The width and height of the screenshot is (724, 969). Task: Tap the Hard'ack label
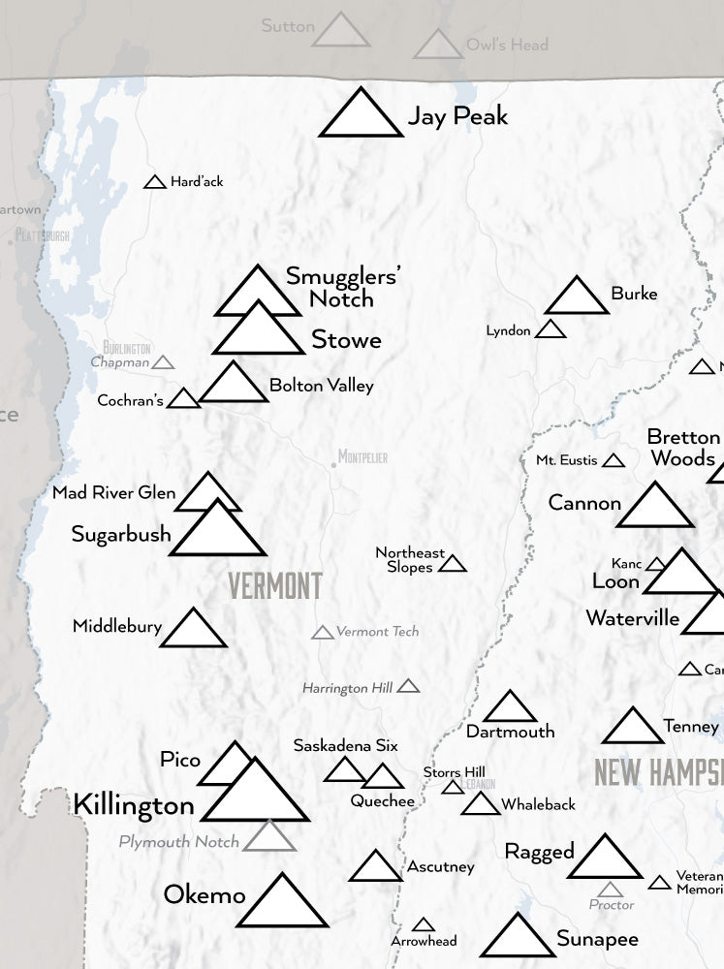pos(197,181)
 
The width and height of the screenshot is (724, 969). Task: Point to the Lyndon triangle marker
pos(551,330)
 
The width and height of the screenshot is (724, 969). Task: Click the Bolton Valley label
pos(321,386)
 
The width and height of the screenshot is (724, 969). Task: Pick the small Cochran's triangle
pos(183,399)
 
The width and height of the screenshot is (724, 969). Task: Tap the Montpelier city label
pos(362,456)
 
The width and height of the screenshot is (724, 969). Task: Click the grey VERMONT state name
pos(275,586)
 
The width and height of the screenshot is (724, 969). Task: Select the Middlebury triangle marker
pos(193,631)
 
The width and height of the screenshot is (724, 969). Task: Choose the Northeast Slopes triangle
pos(453,564)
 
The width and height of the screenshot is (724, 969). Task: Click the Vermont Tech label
pos(377,632)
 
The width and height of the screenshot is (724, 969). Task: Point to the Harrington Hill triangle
pos(408,687)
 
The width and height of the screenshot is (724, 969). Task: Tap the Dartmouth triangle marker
pos(510,709)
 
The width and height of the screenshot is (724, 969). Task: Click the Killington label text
pos(134,804)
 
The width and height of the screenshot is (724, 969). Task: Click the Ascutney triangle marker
pos(375,868)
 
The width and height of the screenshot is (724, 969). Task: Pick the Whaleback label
pos(538,804)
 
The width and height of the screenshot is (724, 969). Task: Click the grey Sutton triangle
pos(340,32)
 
